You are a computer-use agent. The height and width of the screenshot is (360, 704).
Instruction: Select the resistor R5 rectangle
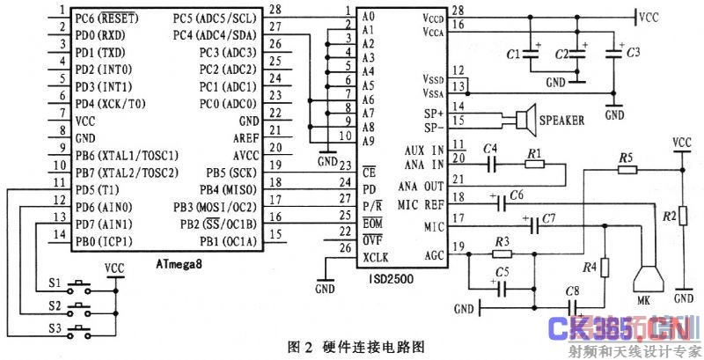[627, 168]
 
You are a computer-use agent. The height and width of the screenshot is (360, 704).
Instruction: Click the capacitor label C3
[632, 54]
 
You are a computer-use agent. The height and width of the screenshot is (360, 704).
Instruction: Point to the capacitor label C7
[548, 217]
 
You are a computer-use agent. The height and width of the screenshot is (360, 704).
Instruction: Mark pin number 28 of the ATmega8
[275, 10]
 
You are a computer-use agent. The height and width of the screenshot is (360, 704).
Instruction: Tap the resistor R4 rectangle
[604, 267]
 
